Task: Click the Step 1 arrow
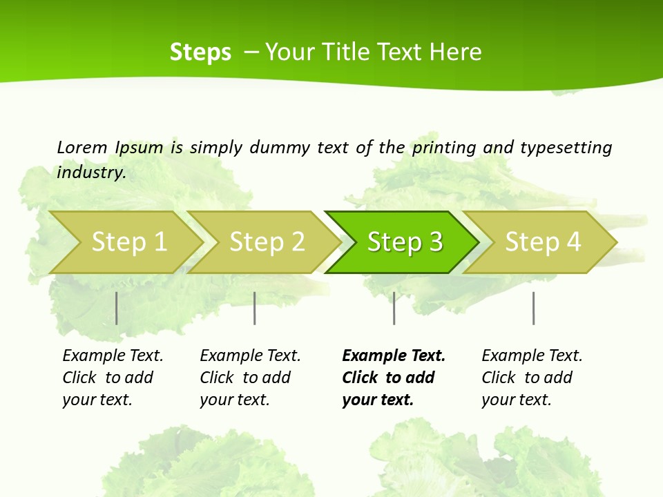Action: coord(128,242)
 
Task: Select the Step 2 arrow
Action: coord(267,242)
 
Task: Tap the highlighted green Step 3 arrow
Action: coord(405,242)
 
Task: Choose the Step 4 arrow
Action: coord(543,242)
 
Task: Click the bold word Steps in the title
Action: coord(200,52)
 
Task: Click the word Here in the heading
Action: coord(455,52)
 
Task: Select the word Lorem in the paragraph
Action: coord(82,148)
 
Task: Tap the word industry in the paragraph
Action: coord(90,173)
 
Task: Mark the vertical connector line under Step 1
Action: coord(117,308)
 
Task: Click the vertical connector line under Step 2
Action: coord(255,308)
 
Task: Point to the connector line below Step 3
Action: coord(394,308)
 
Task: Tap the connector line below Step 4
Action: coord(533,308)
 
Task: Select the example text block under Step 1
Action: coord(113,378)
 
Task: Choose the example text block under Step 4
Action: coord(532,378)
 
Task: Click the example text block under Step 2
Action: coord(250,378)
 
